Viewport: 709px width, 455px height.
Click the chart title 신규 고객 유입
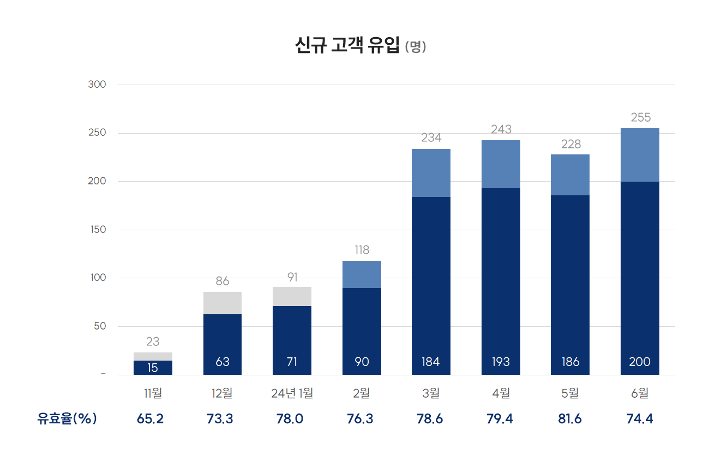tap(347, 46)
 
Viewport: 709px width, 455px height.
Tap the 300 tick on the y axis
tap(97, 85)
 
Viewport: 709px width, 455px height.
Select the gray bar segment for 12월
tap(223, 303)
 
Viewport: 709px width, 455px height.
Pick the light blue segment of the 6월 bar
tap(640, 155)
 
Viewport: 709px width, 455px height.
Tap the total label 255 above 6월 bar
tap(640, 117)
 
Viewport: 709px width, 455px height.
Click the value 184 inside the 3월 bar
tap(431, 362)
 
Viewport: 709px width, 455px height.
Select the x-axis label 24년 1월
tap(292, 393)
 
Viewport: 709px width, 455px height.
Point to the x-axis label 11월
tap(153, 393)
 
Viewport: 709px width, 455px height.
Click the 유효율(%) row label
tap(67, 419)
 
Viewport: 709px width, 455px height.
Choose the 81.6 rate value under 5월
tap(570, 419)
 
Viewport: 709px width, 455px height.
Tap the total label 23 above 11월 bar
tap(153, 342)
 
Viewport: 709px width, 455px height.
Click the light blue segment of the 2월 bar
tap(362, 274)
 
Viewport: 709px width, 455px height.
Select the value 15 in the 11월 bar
tap(153, 368)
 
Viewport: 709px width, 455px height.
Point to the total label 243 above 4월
tap(501, 129)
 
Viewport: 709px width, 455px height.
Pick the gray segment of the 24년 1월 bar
tap(292, 296)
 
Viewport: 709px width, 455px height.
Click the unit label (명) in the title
tap(416, 47)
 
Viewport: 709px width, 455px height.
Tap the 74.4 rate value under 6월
tap(639, 419)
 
